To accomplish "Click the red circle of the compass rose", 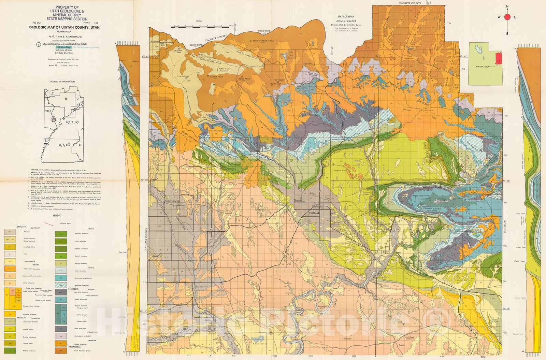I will tap(507, 17).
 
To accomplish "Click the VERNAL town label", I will tap(314, 213).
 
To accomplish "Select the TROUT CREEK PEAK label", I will tap(263, 41).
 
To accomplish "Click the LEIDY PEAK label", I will tap(197, 45).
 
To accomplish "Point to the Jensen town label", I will tap(386, 251).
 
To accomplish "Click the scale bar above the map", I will tap(201, 26).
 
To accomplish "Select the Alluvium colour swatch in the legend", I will tap(8, 232).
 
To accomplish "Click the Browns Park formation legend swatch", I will tap(8, 269).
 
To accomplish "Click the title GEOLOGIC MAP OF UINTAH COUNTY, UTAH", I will tap(64, 27).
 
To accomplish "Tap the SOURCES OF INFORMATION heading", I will tap(62, 82).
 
